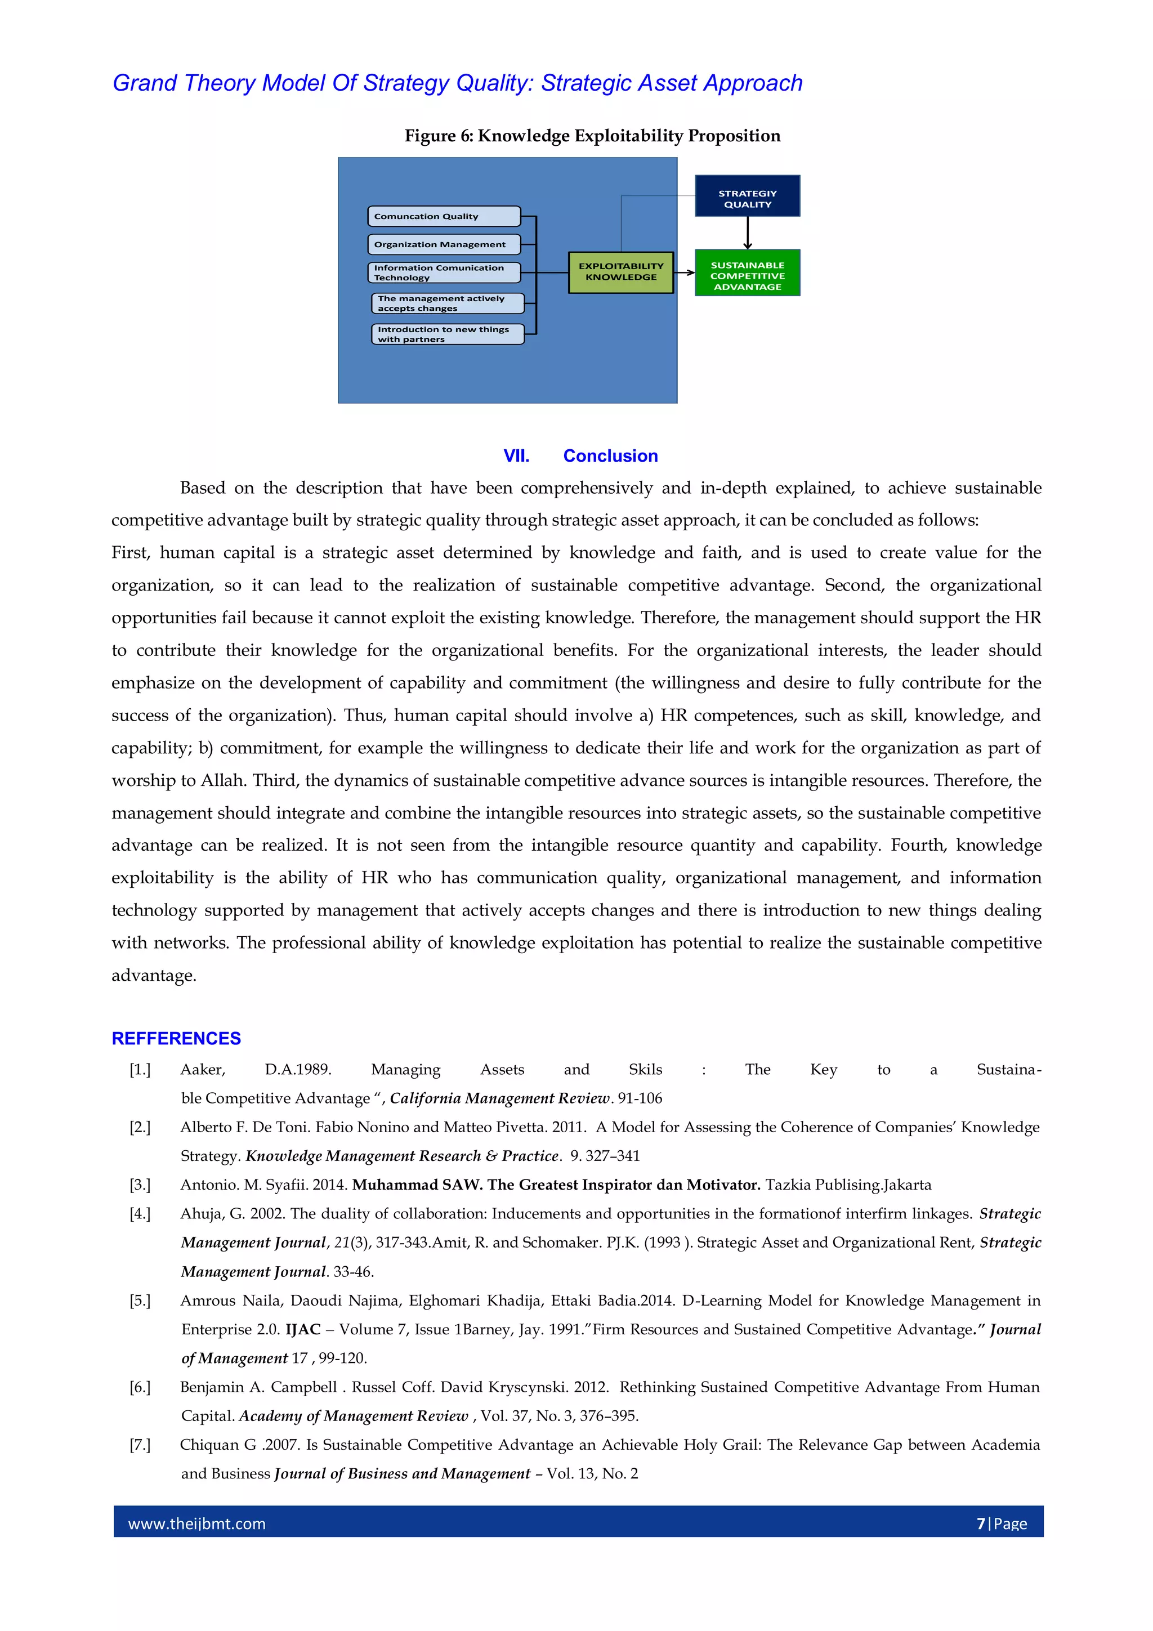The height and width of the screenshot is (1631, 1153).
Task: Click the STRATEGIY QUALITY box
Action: point(747,196)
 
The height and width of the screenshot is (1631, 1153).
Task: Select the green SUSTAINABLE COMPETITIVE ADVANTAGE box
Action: point(747,273)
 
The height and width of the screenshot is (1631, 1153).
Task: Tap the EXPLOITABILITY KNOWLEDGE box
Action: point(620,272)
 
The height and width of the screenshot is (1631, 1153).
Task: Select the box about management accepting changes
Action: point(447,303)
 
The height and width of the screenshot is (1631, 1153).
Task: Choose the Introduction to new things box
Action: point(447,334)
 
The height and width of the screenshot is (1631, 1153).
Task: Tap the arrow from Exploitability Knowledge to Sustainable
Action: point(684,272)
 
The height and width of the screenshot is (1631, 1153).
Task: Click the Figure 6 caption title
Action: point(592,136)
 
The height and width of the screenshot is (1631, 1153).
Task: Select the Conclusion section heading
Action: point(610,456)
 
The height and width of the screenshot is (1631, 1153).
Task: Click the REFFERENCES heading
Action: point(176,1039)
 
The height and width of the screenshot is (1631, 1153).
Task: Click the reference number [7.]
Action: point(140,1445)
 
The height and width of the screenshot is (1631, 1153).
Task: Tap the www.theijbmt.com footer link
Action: point(197,1523)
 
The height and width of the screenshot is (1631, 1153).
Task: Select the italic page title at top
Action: point(458,83)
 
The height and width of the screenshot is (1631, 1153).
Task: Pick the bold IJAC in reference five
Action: point(303,1330)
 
